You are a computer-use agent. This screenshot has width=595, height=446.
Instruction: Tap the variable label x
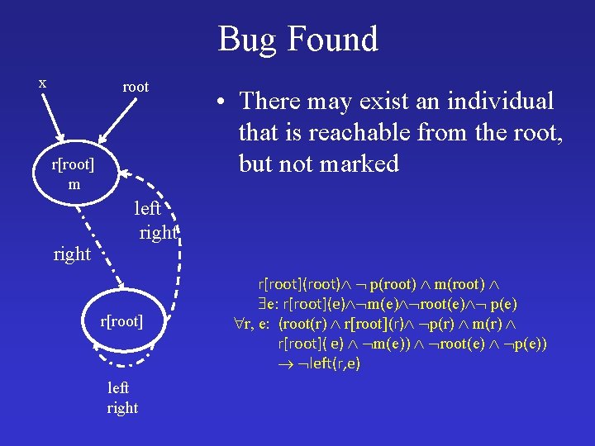[43, 83]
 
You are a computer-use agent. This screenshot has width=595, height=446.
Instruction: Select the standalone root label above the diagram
[136, 87]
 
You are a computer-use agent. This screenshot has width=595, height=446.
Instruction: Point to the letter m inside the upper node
[74, 184]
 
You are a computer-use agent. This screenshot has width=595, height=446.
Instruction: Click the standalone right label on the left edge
[72, 254]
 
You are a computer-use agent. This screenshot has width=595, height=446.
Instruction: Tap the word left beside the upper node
[147, 209]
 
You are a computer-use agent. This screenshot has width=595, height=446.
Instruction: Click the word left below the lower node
[119, 387]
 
